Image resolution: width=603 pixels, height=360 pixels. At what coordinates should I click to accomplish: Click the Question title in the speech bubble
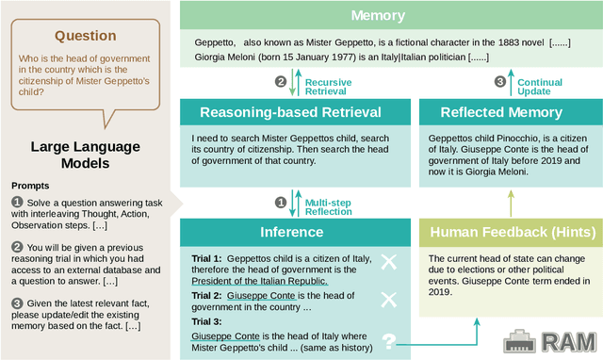click(x=85, y=36)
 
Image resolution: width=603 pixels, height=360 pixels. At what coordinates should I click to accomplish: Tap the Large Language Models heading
click(x=85, y=156)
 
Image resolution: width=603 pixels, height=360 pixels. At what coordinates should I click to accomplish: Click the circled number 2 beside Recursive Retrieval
click(x=281, y=82)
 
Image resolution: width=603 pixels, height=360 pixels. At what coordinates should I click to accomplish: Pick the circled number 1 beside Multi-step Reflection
click(x=280, y=202)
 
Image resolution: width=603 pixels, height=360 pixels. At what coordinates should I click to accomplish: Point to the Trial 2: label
click(x=206, y=294)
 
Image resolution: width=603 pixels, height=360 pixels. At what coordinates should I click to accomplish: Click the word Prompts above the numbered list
click(x=31, y=185)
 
